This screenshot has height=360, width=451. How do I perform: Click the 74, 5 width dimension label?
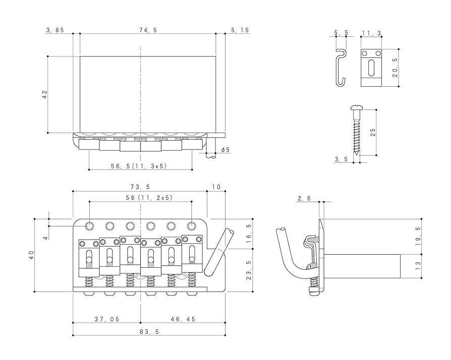tap(148, 30)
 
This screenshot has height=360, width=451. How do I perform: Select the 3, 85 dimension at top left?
tap(54, 30)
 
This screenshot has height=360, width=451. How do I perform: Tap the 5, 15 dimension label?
tap(240, 30)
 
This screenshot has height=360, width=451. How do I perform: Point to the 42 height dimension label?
tap(44, 94)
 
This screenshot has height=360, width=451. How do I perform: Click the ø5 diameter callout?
tap(225, 150)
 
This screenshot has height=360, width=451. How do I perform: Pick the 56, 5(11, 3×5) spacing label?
tap(139, 165)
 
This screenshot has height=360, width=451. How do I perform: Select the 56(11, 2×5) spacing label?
tap(141, 198)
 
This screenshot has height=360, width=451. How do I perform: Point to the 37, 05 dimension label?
tap(107, 319)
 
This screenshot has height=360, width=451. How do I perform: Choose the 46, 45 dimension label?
tap(183, 319)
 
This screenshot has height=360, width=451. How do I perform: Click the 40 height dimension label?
tap(31, 255)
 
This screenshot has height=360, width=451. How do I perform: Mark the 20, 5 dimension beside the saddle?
tap(395, 68)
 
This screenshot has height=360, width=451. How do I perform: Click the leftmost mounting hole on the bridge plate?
tap(89, 225)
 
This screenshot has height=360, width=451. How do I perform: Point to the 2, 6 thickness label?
tap(304, 199)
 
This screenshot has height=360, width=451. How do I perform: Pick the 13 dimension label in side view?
tap(417, 264)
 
